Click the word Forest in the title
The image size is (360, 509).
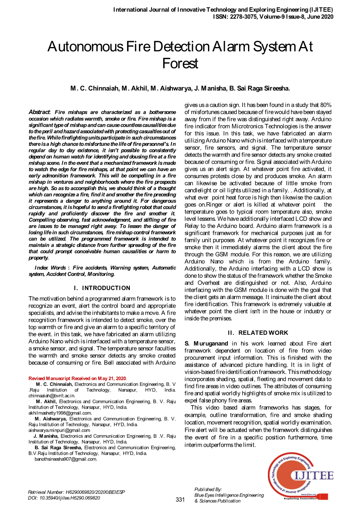coord(180,63)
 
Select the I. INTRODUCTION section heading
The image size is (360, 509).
coord(102,288)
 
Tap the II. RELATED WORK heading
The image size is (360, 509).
coord(258,333)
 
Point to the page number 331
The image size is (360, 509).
coord(180,500)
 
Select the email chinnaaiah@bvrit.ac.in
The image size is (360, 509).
coord(52,395)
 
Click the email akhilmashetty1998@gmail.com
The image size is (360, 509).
coord(60,413)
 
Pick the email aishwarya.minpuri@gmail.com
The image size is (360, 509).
coord(59,430)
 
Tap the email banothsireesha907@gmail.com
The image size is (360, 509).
coord(66,459)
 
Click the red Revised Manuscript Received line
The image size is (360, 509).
coord(77,378)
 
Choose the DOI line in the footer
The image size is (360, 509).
coord(64,498)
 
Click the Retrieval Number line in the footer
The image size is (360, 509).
coord(76,492)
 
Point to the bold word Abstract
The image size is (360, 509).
coord(39,112)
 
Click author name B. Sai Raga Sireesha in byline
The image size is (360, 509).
coord(259,89)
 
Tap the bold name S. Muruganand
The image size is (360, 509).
coord(206,344)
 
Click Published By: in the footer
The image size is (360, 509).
coord(208,489)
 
